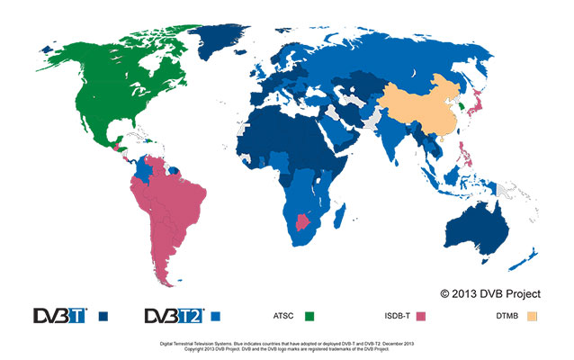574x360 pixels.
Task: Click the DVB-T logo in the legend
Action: tap(60, 316)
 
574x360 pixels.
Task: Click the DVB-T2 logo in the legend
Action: tap(174, 316)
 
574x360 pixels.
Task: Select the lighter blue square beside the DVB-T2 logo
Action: tap(216, 316)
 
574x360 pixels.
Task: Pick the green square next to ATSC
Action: tap(309, 316)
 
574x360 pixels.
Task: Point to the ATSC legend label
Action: tap(283, 316)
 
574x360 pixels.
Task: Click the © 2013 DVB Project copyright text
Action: tap(490, 292)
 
